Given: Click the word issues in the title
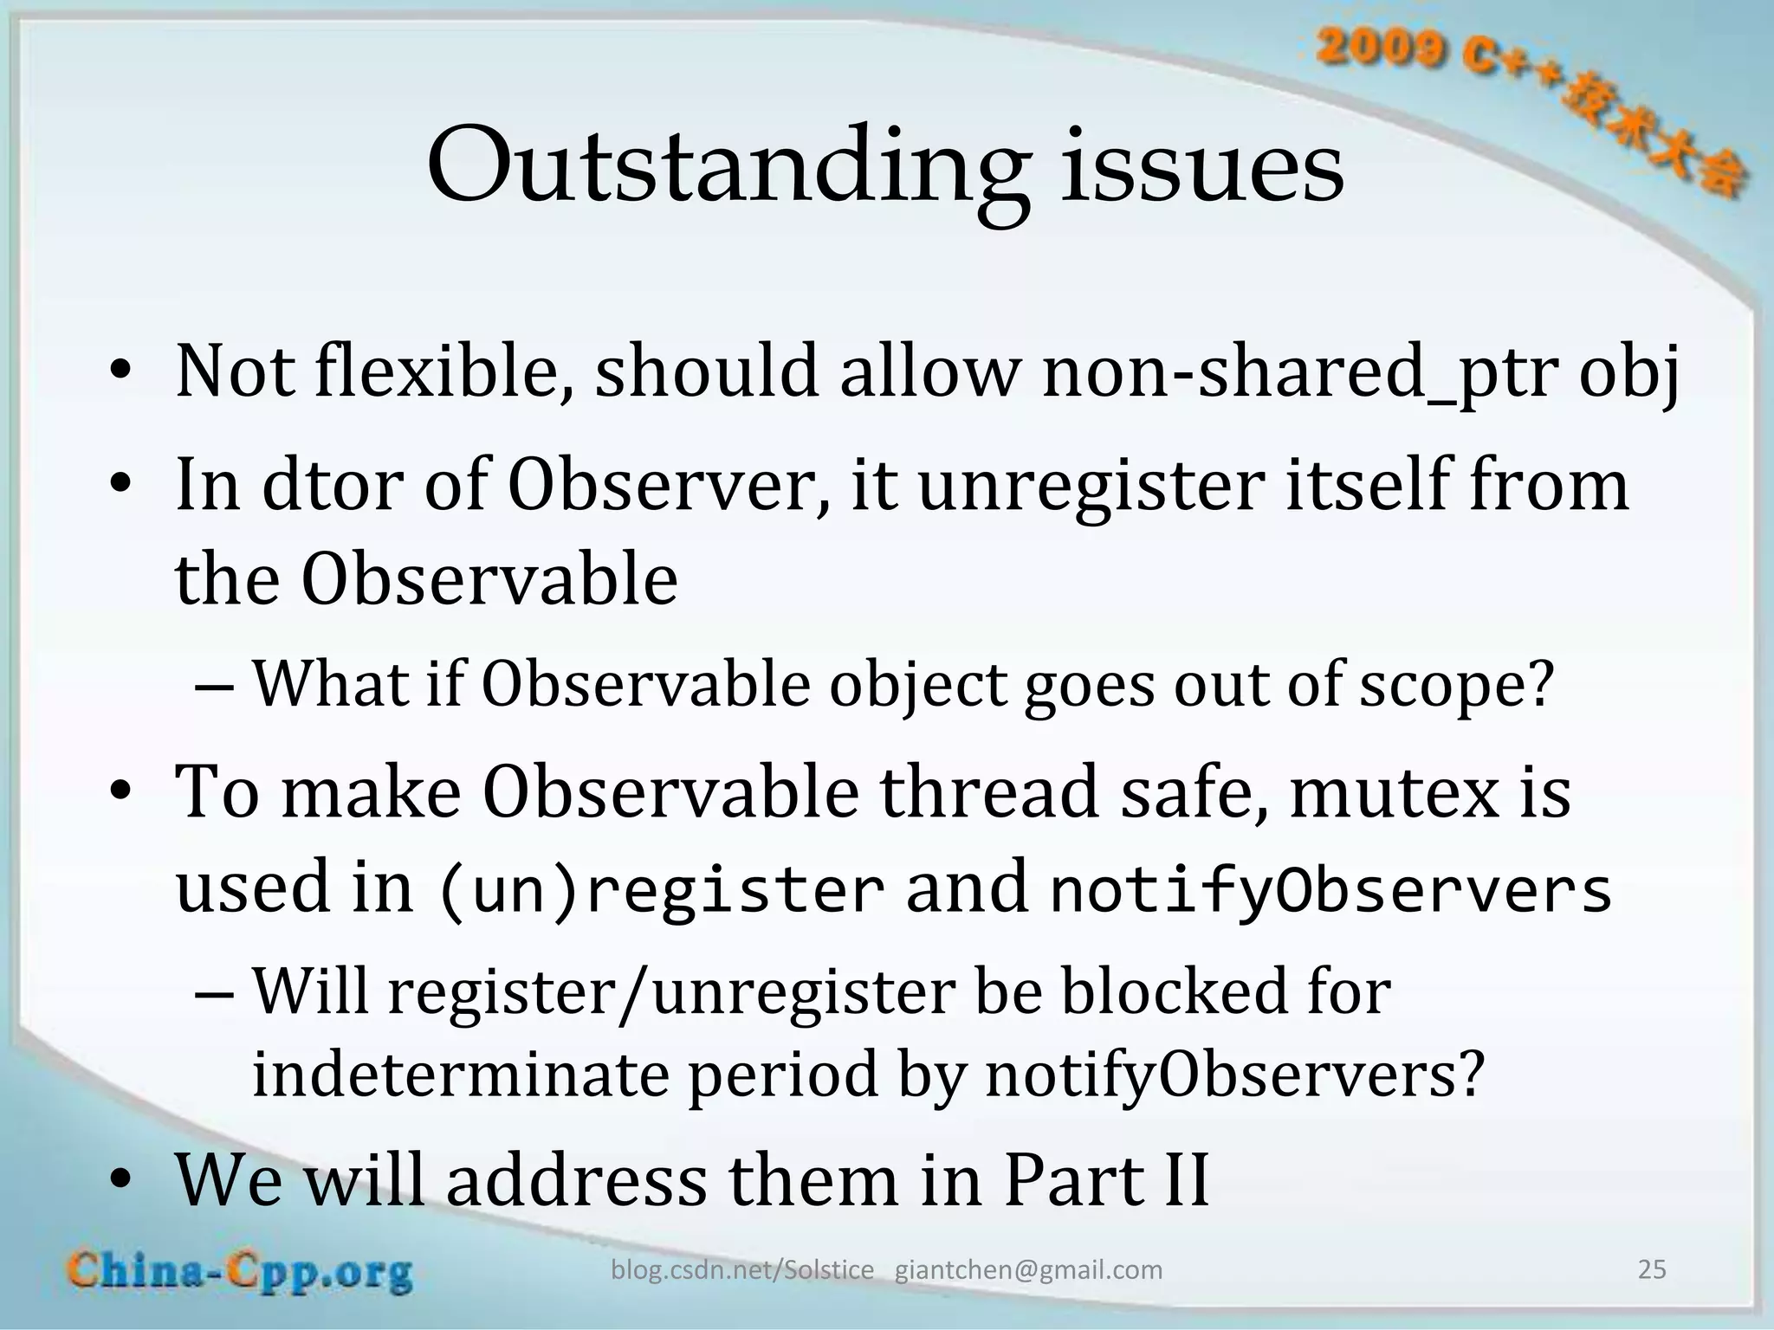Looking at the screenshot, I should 1202,166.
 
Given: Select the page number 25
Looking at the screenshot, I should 1652,1269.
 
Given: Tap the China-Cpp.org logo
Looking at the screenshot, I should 240,1272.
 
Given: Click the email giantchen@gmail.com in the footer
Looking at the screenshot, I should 1028,1270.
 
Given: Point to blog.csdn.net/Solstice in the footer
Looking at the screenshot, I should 742,1270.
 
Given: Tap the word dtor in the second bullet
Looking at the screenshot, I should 332,485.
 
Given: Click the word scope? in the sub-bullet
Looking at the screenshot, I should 1456,685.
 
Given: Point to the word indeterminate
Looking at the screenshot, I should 459,1074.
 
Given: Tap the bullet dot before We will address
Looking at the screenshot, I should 120,1181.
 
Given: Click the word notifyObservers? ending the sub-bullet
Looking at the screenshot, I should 1234,1074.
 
